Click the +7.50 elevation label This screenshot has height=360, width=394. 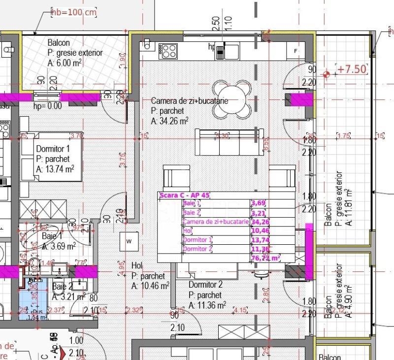pos(352,69)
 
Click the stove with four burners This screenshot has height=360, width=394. pos(169,50)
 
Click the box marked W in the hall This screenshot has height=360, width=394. pos(129,241)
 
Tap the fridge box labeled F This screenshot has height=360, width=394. pos(295,51)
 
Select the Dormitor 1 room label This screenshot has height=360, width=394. pos(53,149)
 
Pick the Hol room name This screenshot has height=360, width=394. pos(137,266)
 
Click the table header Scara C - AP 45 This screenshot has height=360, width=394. pos(185,195)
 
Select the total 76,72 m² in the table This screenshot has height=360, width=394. pos(265,257)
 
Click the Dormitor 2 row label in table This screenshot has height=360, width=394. pos(197,249)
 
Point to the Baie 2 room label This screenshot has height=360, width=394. pos(63,286)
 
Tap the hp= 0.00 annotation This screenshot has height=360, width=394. pos(47,105)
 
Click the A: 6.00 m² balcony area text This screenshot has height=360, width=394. pos(65,63)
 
